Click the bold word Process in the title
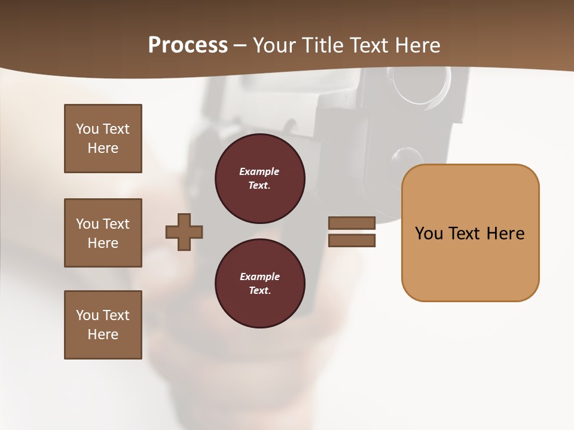tap(188, 45)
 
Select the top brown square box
tap(103, 139)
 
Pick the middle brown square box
tap(103, 233)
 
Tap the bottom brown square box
tap(103, 325)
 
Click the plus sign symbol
tap(184, 232)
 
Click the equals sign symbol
tap(352, 232)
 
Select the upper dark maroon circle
tap(259, 179)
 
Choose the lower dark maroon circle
tap(259, 284)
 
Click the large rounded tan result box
tap(470, 233)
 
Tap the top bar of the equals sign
tap(352, 223)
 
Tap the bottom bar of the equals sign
tap(352, 240)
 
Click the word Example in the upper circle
tap(259, 171)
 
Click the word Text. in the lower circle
tap(259, 291)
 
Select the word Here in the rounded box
tap(506, 233)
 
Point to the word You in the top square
tap(87, 129)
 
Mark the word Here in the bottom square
tap(103, 334)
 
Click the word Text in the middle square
tap(115, 224)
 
